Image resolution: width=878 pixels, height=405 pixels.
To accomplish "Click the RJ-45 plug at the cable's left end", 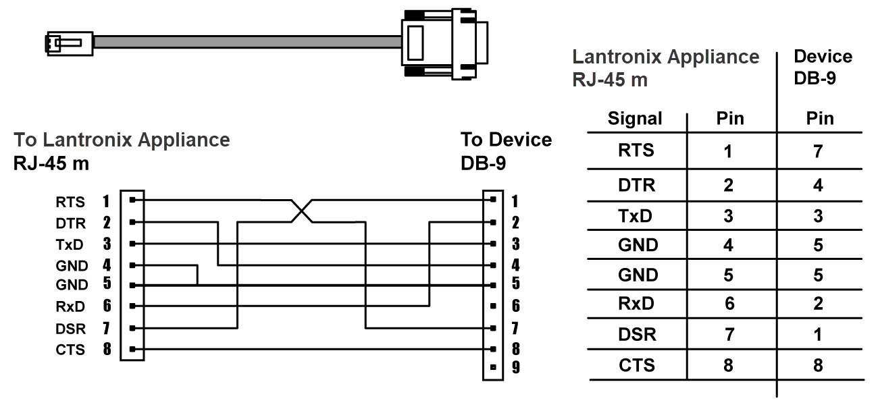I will pos(64,43).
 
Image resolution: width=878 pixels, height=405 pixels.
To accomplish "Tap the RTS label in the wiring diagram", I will pos(70,201).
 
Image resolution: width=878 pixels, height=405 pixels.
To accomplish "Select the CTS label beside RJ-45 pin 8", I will pos(70,350).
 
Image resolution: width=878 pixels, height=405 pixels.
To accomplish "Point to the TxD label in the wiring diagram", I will pos(70,244).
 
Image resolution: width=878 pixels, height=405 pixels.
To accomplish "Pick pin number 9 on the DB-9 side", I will pos(515,368).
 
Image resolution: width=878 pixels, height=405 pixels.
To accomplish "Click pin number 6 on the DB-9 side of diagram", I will pos(515,306).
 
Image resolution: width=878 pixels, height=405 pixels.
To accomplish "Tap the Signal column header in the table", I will pos(635,119).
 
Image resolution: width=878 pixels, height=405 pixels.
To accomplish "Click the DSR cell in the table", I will pos(637,335).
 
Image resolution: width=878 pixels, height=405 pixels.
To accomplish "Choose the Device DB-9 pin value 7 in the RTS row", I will pos(818,151).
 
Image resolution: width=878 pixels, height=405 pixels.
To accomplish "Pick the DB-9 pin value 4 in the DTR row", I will pos(818,185).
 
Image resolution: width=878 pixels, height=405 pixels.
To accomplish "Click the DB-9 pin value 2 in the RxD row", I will pos(818,304).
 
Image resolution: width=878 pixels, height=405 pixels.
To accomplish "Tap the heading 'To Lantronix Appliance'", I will pos(122,140).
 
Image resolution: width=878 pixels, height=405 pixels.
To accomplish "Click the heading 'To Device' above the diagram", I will pos(506,140).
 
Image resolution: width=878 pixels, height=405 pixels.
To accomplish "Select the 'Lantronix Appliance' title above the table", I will pos(665,57).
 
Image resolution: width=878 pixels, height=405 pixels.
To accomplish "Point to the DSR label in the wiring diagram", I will pos(70,329).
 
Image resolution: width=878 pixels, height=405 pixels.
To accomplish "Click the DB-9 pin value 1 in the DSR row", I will pos(818,335).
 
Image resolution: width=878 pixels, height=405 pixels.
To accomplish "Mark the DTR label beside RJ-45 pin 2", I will pos(70,223).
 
